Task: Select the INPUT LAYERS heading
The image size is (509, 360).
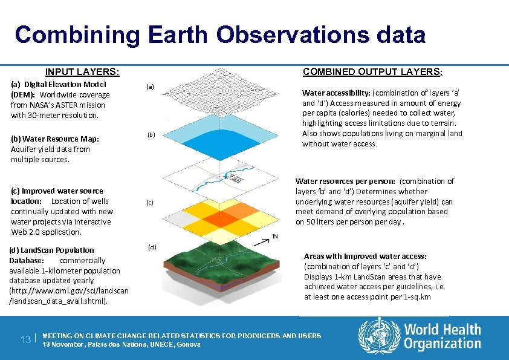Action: pos(82,72)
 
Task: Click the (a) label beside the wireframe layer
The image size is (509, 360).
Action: pos(151,87)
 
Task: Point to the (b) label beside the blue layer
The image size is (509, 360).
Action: pos(151,134)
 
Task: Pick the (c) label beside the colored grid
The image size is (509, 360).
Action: pos(150,203)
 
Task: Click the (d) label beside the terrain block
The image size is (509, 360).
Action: pos(152,247)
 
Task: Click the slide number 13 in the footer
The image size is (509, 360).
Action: pos(24,340)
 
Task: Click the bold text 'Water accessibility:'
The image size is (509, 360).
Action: pos(336,93)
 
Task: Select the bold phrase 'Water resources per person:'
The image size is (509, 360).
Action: pos(345,181)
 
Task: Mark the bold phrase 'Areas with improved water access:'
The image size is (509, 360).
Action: pos(365,256)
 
